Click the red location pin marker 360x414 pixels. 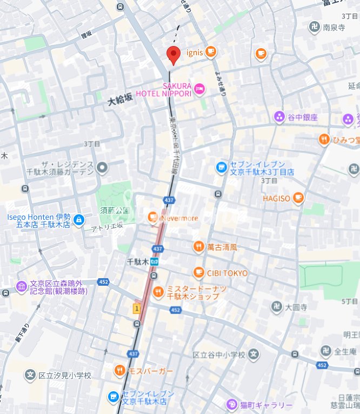(x=172, y=55)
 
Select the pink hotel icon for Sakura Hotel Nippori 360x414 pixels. (x=199, y=89)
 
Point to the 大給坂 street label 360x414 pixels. (x=119, y=99)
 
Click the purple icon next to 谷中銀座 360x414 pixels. (x=279, y=117)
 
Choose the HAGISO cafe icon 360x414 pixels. (x=298, y=199)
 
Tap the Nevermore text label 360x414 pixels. (x=179, y=218)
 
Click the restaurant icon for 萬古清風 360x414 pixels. (x=199, y=247)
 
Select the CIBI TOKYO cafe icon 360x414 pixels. (x=199, y=273)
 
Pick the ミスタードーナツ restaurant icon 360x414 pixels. (x=158, y=293)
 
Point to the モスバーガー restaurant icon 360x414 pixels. (x=119, y=371)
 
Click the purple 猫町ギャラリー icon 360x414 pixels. (x=231, y=405)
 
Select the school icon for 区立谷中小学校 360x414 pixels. (x=254, y=356)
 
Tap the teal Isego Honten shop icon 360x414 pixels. (x=79, y=220)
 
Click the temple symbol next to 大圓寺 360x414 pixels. (x=277, y=307)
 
